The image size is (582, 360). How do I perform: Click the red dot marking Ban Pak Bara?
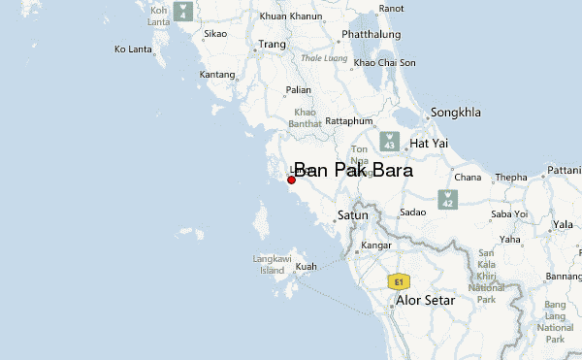coord(291,180)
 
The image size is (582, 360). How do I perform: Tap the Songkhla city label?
coord(455,113)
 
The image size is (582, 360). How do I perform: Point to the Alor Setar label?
coord(426,301)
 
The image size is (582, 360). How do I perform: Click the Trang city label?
coord(271,45)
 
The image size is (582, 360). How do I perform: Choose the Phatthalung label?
coord(369,35)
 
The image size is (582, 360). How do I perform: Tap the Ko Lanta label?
coord(134,49)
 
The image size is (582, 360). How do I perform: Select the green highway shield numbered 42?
coord(447,199)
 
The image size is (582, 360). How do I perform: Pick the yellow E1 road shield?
coord(396,281)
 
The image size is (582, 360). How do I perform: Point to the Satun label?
coord(353,214)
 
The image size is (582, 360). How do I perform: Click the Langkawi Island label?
coord(268,264)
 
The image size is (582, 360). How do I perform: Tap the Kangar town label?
coord(374,245)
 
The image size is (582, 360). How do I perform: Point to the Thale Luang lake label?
coord(324,57)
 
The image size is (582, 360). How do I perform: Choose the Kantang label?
coord(216,74)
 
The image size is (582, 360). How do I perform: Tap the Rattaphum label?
coord(348,121)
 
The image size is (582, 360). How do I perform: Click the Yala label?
coord(563,224)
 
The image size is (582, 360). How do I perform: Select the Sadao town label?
coord(412,212)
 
